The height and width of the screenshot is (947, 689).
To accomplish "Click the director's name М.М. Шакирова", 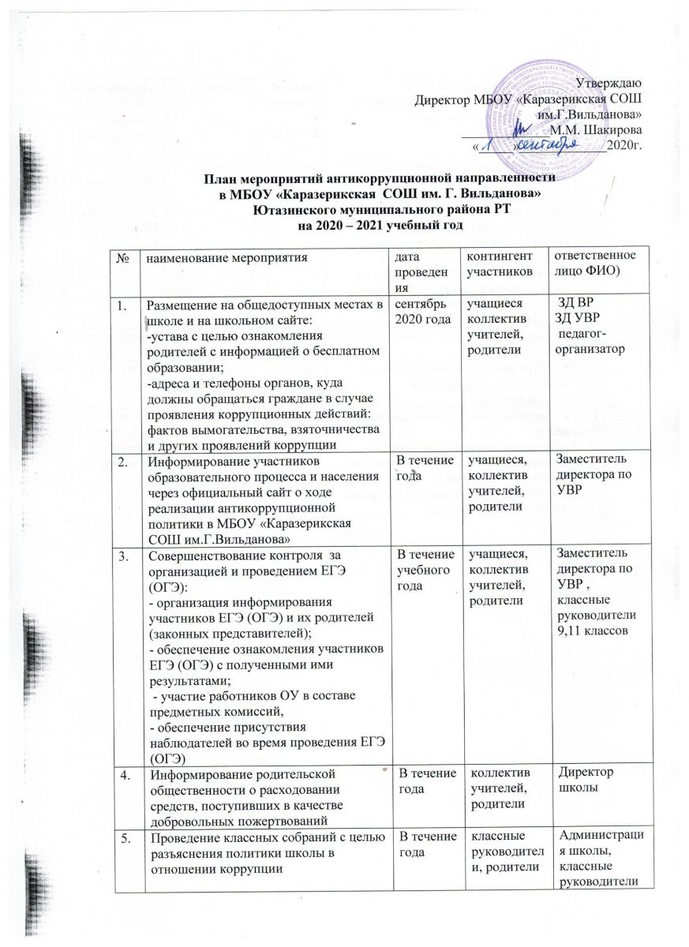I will tap(596, 129).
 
